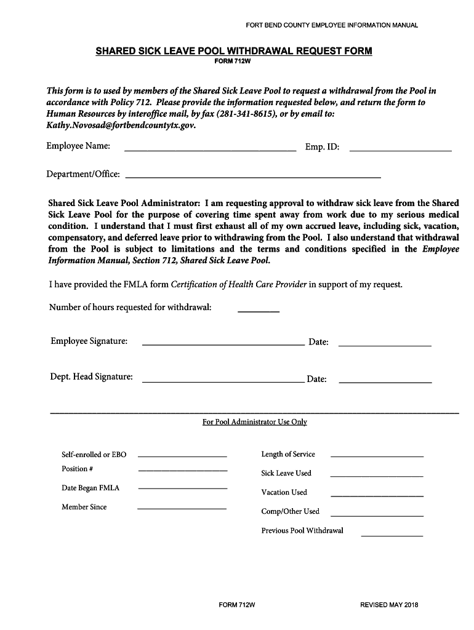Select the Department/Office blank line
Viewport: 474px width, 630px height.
coord(253,176)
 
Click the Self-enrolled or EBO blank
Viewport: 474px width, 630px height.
coord(182,455)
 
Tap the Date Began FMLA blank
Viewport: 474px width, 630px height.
coord(182,488)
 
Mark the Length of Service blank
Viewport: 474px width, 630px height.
coord(377,455)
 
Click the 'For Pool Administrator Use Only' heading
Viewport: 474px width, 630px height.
coord(254,422)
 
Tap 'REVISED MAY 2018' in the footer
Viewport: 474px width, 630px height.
coord(389,605)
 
